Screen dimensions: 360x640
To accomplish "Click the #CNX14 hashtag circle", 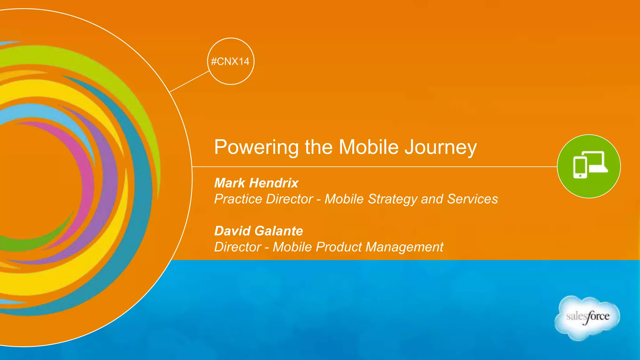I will point(231,61).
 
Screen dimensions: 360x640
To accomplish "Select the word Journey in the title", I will point(441,147).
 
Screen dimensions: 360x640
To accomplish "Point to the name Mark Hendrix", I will point(256,183).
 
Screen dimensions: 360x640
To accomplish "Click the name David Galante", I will point(258,231).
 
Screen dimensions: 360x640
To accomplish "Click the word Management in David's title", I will point(404,247).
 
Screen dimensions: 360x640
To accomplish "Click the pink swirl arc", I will point(84,175).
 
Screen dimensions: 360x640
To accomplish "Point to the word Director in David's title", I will point(237,247).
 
